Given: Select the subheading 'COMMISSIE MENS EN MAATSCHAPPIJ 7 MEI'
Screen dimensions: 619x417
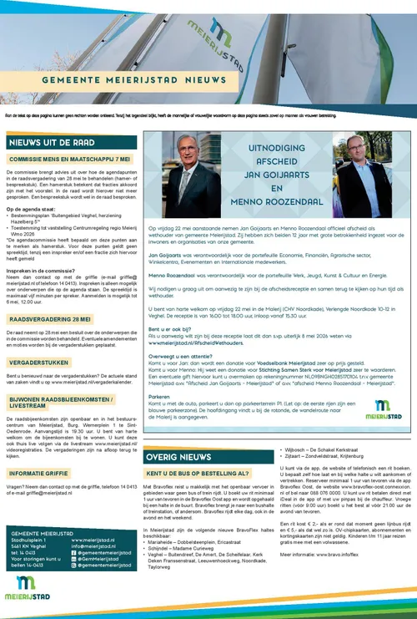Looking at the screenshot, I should click(70, 158).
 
